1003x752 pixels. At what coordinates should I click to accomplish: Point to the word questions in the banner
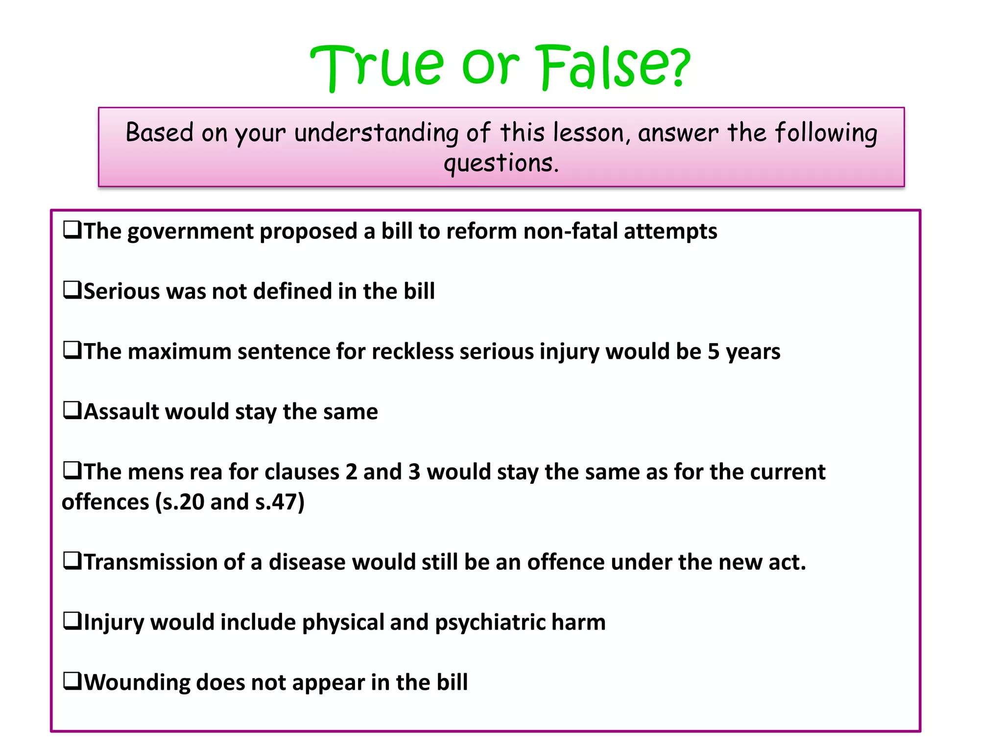click(501, 163)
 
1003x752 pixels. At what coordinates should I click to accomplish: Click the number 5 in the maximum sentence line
click(713, 352)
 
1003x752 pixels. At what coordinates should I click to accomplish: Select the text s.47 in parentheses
click(277, 502)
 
